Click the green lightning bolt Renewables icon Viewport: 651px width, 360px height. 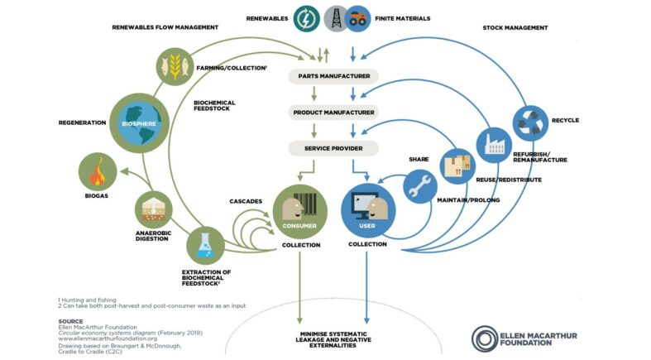[306, 19]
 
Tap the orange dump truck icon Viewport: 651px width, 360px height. [357, 19]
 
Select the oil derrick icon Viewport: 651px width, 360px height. [336, 19]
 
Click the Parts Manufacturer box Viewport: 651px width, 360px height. [333, 76]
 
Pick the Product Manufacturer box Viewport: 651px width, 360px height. [333, 113]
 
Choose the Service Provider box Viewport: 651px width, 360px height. [333, 148]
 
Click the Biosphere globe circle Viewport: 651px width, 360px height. [140, 123]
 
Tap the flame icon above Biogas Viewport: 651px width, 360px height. [98, 172]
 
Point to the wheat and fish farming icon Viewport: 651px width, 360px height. [175, 66]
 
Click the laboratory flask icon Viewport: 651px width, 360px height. [205, 246]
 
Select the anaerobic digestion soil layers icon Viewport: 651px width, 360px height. [154, 209]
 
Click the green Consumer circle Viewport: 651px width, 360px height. [299, 212]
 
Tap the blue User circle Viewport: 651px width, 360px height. [368, 211]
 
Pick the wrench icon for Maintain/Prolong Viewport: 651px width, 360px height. [420, 186]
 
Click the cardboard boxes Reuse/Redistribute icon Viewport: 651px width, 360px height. [457, 166]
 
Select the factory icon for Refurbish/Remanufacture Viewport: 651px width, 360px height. [494, 146]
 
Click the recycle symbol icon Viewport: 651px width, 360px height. [530, 123]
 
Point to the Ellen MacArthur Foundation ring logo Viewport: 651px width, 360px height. [485, 338]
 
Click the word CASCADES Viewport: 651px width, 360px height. [246, 201]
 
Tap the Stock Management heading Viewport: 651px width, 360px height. [515, 28]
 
